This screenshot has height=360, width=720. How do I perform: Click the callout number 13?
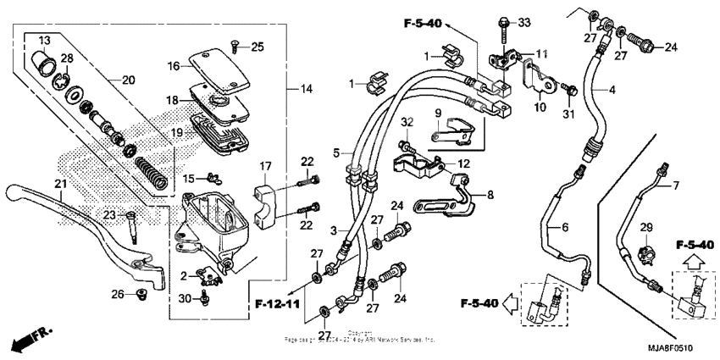pos(44,42)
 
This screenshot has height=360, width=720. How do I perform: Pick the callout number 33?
pos(523,22)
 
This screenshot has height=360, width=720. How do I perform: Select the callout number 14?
pos(306,88)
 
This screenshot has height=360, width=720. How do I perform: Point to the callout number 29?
pos(646,228)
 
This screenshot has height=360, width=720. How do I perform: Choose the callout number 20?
pos(129,80)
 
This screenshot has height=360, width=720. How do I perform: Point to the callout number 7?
pos(676,184)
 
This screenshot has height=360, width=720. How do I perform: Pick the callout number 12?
pos(462,163)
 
